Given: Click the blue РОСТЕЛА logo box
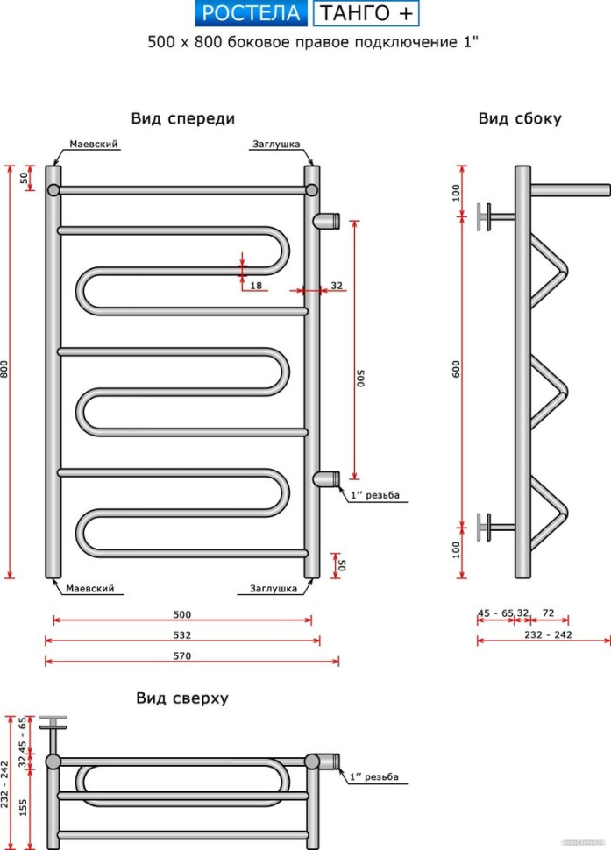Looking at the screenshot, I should click(250, 13).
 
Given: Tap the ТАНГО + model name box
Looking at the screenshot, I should click(366, 13).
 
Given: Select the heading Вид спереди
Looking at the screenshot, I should click(183, 118).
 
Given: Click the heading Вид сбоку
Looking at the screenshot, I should click(520, 118).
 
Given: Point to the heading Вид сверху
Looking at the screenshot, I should click(182, 698).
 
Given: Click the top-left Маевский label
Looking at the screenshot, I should click(94, 145).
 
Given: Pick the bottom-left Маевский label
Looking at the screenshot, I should click(90, 589).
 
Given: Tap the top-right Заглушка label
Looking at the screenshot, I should click(276, 145).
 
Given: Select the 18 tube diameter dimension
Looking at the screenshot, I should click(256, 286).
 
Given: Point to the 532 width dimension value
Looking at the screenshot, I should click(182, 634).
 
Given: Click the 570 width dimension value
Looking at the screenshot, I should click(182, 655).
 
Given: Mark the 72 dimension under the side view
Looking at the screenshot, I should click(549, 613).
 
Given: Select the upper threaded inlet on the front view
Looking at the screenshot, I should click(328, 219).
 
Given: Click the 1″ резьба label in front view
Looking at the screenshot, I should click(375, 495).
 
